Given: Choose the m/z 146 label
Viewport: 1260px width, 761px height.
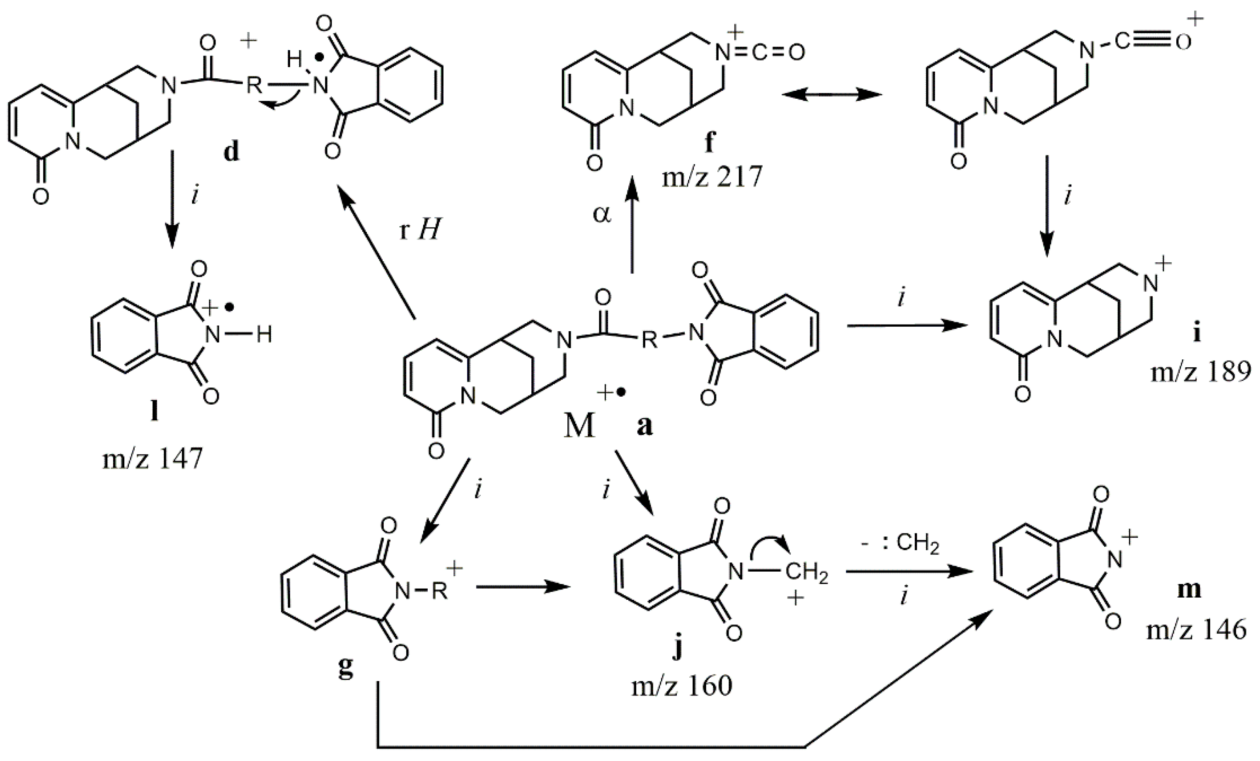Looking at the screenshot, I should [x=1196, y=630].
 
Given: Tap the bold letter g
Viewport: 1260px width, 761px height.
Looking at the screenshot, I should [x=346, y=669].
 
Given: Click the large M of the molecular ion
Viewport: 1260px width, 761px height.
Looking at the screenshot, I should [x=580, y=426].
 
